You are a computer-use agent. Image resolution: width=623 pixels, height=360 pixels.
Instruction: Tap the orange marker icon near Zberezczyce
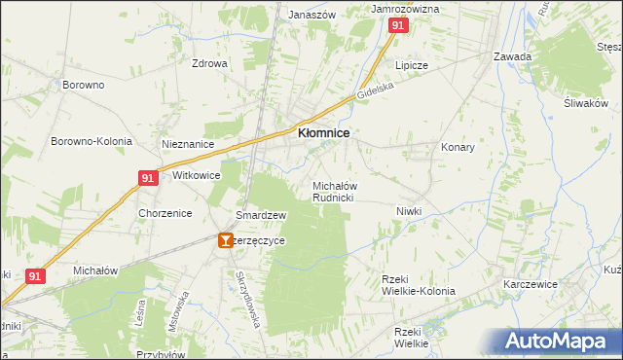pyautogui.click(x=226, y=239)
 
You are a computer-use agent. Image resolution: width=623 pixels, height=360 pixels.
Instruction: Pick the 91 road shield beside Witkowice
pyautogui.click(x=147, y=178)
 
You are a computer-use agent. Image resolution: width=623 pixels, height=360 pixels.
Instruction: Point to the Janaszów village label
pyautogui.click(x=311, y=15)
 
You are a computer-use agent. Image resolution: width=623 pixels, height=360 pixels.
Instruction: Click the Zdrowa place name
pyautogui.click(x=209, y=64)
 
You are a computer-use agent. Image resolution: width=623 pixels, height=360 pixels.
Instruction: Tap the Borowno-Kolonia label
pyautogui.click(x=92, y=141)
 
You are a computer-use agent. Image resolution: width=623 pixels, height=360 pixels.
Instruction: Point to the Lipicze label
pyautogui.click(x=411, y=65)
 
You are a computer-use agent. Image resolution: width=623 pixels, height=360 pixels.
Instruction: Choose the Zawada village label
pyautogui.click(x=512, y=56)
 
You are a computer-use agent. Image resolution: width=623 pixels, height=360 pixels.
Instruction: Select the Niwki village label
pyautogui.click(x=412, y=210)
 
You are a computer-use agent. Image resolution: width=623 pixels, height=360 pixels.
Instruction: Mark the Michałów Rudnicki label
pyautogui.click(x=334, y=191)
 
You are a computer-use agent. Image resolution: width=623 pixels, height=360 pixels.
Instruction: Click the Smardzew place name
pyautogui.click(x=260, y=215)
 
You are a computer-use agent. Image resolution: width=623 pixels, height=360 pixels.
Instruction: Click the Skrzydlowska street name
pyautogui.click(x=248, y=297)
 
